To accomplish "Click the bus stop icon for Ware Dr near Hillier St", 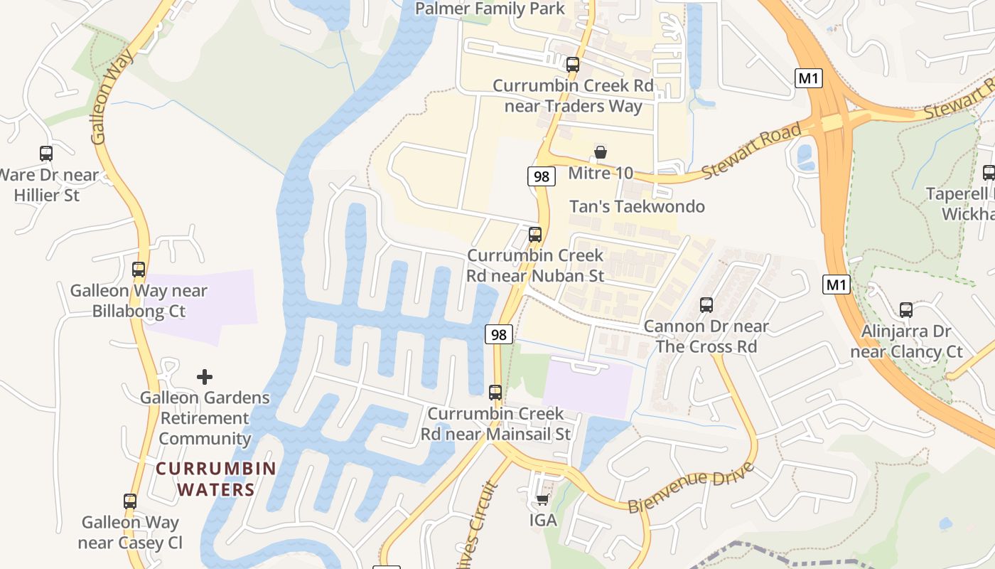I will tap(46, 153).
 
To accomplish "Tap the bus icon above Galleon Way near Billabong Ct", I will tap(139, 270).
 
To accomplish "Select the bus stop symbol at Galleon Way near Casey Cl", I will tap(130, 501).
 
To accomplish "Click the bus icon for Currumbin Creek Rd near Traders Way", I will tap(572, 65).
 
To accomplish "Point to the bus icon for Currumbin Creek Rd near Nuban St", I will tap(535, 234).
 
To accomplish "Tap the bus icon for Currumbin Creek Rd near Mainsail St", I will tap(495, 392).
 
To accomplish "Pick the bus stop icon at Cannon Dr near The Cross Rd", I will tap(706, 305).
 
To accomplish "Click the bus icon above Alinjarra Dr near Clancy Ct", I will tap(905, 309).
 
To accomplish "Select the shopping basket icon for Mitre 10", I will tap(601, 152).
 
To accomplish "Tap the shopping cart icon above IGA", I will tap(543, 499).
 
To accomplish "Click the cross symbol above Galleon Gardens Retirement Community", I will tap(205, 376).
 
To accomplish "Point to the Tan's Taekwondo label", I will tap(637, 206).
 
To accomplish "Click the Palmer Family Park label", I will tap(490, 9).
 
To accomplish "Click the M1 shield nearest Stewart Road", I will tap(809, 78).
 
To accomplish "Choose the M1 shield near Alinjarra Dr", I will tap(837, 285).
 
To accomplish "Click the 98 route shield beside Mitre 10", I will tap(542, 176).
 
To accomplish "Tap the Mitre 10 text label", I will tap(601, 173).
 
